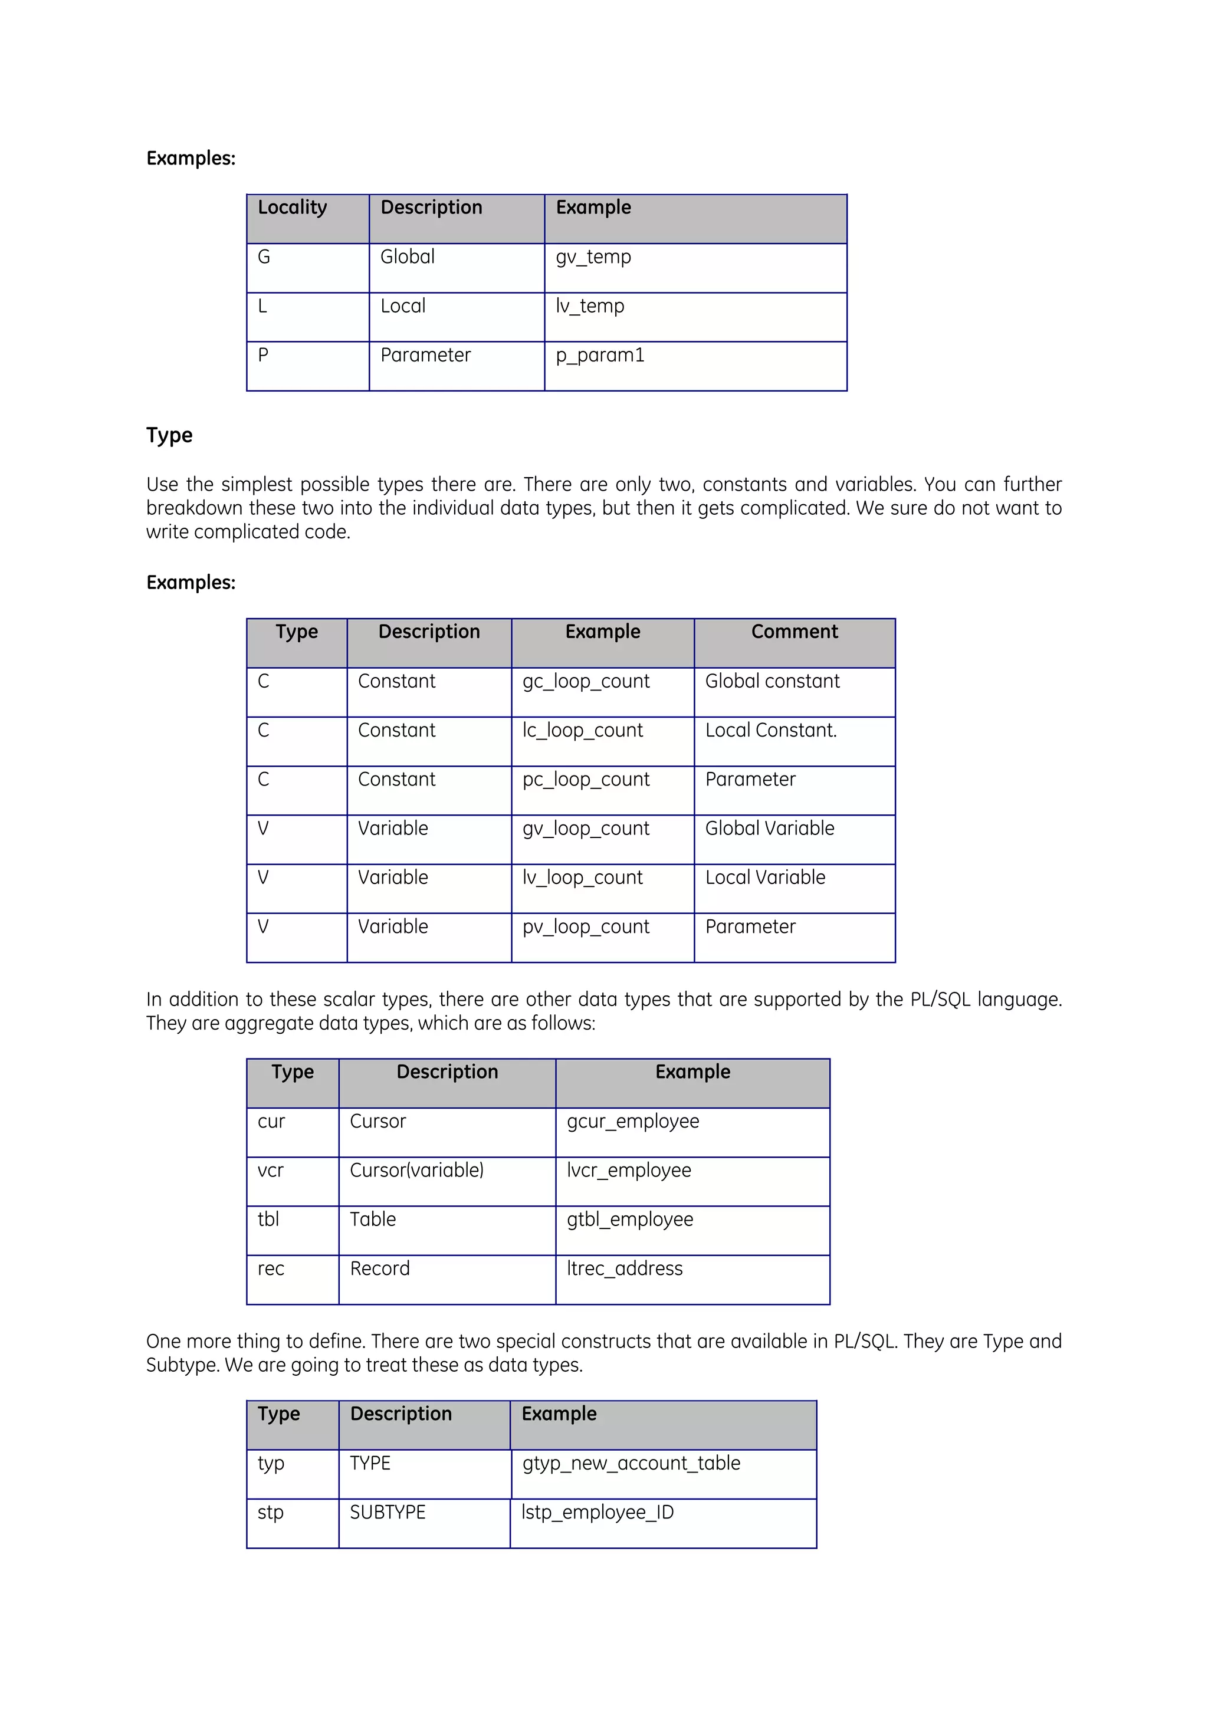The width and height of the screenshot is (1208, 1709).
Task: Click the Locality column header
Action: click(x=292, y=208)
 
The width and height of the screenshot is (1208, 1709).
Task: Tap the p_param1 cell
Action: click(x=600, y=355)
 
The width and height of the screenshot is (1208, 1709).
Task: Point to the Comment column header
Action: click(x=794, y=632)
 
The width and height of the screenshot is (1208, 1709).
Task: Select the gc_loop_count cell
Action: click(x=586, y=681)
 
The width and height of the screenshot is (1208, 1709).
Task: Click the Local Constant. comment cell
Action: click(x=771, y=730)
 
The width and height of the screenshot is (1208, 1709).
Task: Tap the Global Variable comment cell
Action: click(x=770, y=829)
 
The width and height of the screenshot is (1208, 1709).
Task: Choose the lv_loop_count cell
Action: click(x=582, y=877)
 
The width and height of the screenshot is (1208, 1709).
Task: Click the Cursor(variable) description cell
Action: click(x=417, y=1170)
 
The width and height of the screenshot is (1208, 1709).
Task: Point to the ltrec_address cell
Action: click(x=625, y=1268)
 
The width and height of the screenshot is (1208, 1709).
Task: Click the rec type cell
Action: click(x=271, y=1268)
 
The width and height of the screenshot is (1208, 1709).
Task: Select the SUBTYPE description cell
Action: click(x=388, y=1513)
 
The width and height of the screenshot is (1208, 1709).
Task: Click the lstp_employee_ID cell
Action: click(x=598, y=1513)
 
